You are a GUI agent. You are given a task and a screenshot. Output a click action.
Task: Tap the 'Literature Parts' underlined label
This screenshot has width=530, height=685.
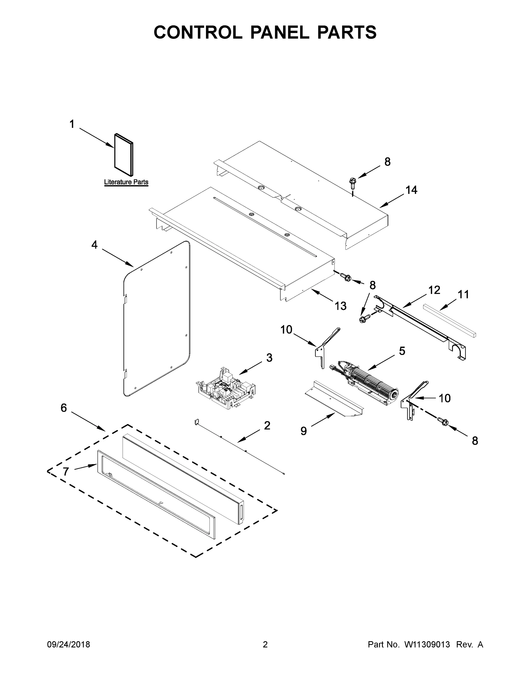pyautogui.click(x=126, y=182)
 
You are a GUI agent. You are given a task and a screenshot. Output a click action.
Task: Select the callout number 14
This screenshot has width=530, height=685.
pyautogui.click(x=411, y=190)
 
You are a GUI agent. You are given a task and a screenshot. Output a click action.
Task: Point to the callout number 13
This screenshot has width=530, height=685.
pyautogui.click(x=340, y=306)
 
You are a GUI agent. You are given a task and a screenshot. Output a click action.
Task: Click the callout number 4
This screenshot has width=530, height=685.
pyautogui.click(x=95, y=245)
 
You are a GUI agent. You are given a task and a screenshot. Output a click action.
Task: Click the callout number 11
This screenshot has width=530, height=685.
pyautogui.click(x=463, y=295)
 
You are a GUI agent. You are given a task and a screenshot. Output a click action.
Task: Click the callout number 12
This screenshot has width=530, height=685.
pyautogui.click(x=434, y=290)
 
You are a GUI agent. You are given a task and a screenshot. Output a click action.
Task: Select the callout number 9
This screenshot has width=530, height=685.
pyautogui.click(x=303, y=431)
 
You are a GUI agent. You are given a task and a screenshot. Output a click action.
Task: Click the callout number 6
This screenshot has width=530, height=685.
pyautogui.click(x=64, y=408)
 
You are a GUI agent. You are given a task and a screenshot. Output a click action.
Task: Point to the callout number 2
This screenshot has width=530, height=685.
pyautogui.click(x=267, y=426)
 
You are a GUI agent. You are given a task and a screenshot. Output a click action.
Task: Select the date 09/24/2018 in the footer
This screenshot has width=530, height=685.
pyautogui.click(x=69, y=644)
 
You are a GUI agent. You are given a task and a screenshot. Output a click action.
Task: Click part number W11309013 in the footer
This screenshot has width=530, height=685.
pyautogui.click(x=427, y=644)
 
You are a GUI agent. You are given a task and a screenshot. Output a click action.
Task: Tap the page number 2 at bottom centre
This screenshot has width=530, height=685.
pyautogui.click(x=265, y=644)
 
